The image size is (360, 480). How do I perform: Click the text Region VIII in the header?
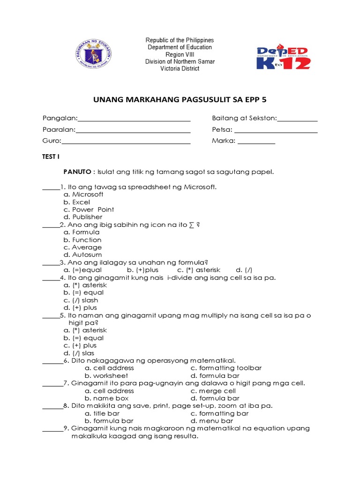(180, 54)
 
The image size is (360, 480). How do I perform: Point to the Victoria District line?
(180, 68)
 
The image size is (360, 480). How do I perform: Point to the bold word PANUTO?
(78, 172)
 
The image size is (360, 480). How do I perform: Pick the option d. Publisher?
(83, 217)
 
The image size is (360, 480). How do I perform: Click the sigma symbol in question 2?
(191, 225)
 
